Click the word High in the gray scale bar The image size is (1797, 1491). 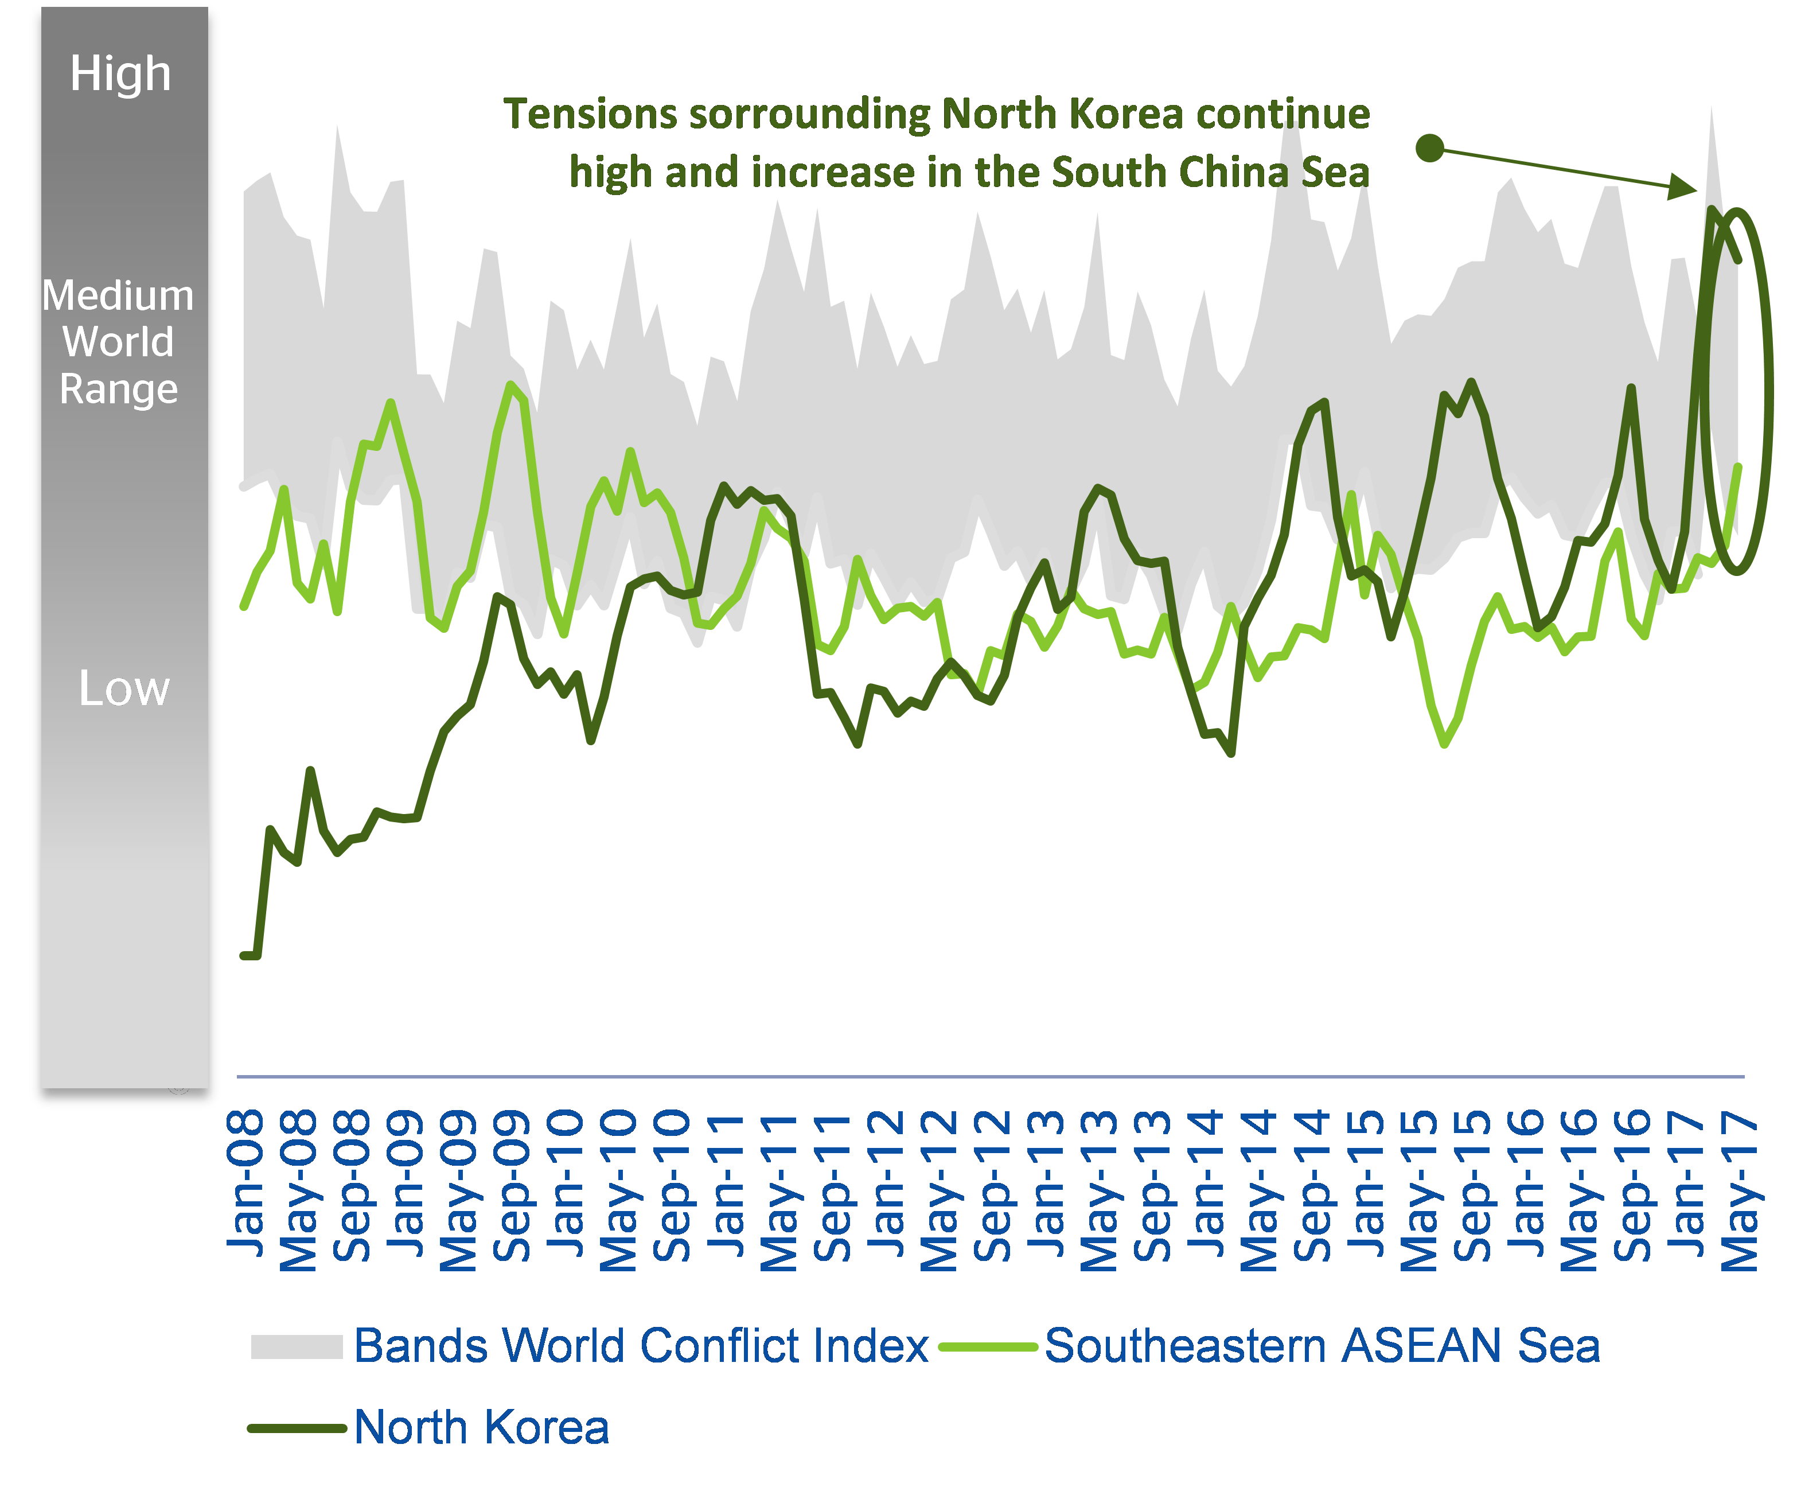click(120, 73)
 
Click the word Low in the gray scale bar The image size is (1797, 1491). click(124, 688)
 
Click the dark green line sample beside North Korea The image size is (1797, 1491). click(296, 1428)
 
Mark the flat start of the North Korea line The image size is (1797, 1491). click(250, 955)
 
